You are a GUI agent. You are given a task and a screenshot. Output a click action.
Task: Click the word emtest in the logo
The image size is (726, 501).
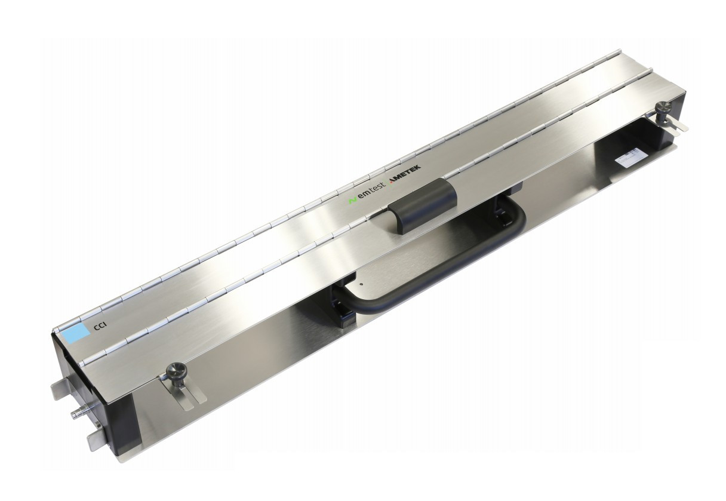(x=371, y=192)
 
